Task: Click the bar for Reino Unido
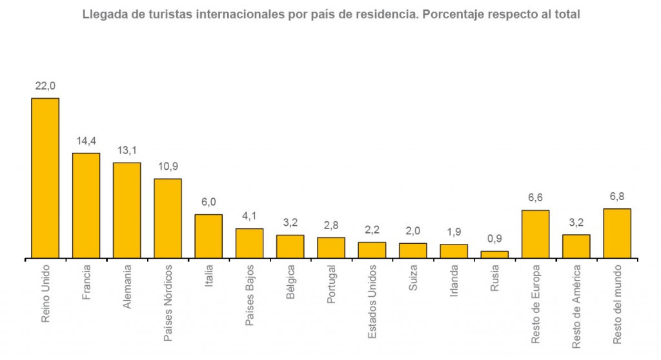[x=45, y=178]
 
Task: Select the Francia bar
[x=86, y=205]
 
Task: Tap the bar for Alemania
[x=127, y=210]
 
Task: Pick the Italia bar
[x=208, y=236]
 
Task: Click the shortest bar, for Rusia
[x=494, y=255]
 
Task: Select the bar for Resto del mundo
[x=616, y=234]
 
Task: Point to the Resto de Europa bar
[x=535, y=234]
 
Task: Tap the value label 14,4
[x=86, y=140]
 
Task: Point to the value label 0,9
[x=494, y=238]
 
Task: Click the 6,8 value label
[x=616, y=195]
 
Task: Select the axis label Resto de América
[x=576, y=306]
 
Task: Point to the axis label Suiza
[x=413, y=277]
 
